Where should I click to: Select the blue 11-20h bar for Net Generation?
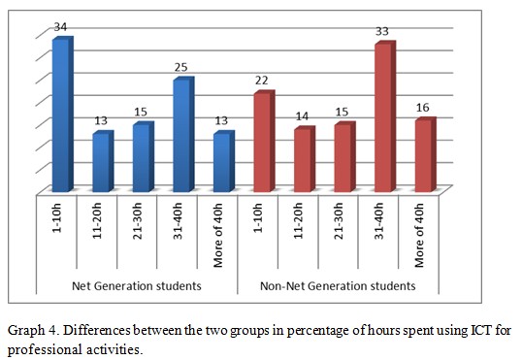(x=102, y=162)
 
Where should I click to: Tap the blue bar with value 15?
(x=142, y=157)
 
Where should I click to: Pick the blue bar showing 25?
(x=182, y=135)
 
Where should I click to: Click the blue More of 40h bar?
(x=222, y=162)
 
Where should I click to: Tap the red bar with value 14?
(x=303, y=160)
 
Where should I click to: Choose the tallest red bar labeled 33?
(x=383, y=117)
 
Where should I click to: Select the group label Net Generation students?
(x=136, y=286)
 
